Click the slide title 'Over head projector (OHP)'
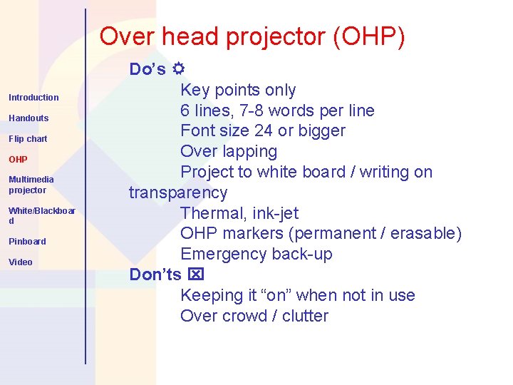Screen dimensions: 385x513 pyautogui.click(x=252, y=36)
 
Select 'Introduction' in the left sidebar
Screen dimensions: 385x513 pyautogui.click(x=33, y=98)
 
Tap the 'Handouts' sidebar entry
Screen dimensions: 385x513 pyautogui.click(x=28, y=118)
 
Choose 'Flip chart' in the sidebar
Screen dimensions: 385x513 pyautogui.click(x=28, y=139)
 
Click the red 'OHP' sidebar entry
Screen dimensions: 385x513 pyautogui.click(x=18, y=160)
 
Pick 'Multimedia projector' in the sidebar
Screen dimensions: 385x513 pyautogui.click(x=31, y=185)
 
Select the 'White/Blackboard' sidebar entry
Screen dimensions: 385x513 pyautogui.click(x=41, y=215)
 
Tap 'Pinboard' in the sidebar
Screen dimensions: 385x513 pyautogui.click(x=27, y=242)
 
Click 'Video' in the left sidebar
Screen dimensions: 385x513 pyautogui.click(x=21, y=262)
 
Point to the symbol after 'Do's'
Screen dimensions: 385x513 pyautogui.click(x=178, y=69)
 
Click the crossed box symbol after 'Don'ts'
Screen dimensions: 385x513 pyautogui.click(x=196, y=274)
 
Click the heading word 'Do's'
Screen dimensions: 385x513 pyautogui.click(x=147, y=69)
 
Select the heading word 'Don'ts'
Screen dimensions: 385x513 pyautogui.click(x=155, y=274)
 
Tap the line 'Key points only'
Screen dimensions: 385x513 pyautogui.click(x=238, y=90)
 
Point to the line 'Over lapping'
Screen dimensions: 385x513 pyautogui.click(x=229, y=152)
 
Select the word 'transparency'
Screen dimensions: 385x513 pyautogui.click(x=178, y=193)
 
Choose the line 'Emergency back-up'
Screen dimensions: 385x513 pyautogui.click(x=256, y=255)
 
